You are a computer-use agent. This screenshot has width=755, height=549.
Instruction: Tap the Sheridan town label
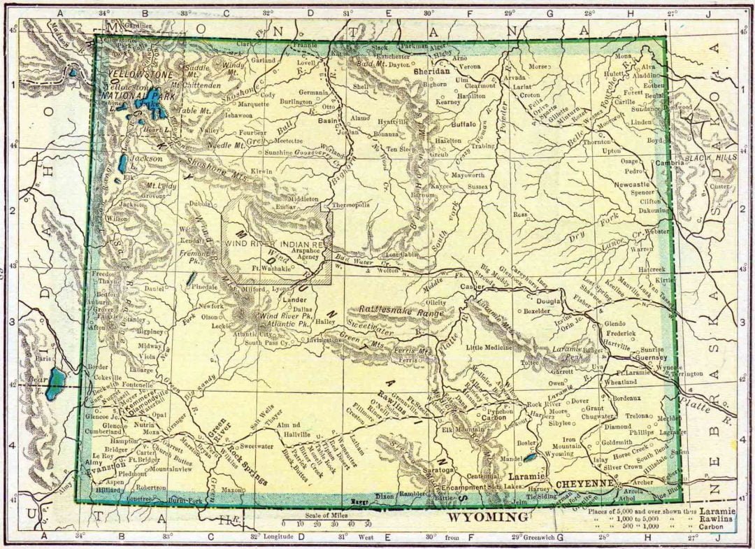[x=431, y=71]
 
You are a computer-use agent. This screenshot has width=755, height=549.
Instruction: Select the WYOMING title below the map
[x=487, y=518]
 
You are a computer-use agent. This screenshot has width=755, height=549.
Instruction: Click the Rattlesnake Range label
[x=401, y=310]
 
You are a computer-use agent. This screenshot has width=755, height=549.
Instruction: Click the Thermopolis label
[x=350, y=206]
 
